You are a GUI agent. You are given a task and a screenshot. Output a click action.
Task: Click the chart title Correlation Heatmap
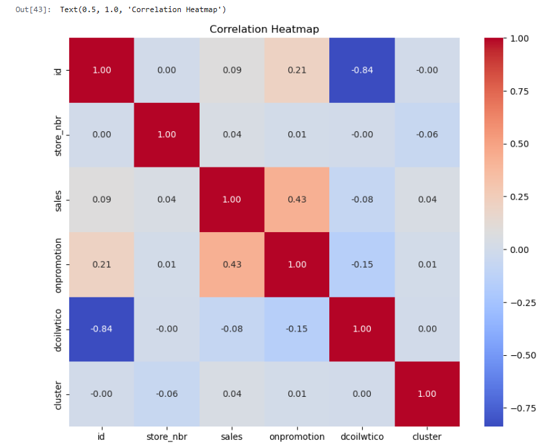[x=264, y=29]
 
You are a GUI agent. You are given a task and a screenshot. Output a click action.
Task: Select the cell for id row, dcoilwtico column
[x=362, y=70]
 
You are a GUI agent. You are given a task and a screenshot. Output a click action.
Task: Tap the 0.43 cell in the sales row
[x=297, y=199]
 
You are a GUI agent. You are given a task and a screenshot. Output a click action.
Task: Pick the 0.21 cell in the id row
[x=297, y=70]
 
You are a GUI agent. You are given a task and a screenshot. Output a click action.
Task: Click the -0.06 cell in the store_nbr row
[x=427, y=135]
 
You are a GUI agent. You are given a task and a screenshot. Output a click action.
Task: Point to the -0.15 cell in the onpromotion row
[x=362, y=264]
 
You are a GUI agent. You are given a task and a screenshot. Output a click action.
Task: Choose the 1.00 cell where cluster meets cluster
[x=427, y=394]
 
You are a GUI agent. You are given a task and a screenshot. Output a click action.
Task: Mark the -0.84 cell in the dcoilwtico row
[x=101, y=329]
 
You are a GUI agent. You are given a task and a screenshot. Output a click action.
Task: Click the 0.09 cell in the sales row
[x=101, y=199]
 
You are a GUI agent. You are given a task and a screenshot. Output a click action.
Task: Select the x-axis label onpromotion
[x=297, y=437]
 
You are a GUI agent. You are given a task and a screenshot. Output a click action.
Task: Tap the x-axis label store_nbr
[x=167, y=437]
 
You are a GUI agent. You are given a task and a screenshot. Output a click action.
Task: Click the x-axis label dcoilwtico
[x=362, y=437]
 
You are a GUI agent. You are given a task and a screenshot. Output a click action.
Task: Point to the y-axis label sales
[x=59, y=199]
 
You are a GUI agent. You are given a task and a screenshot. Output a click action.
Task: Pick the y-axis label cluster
[x=59, y=394]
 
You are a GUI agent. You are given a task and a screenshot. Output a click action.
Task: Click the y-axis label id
[x=59, y=70]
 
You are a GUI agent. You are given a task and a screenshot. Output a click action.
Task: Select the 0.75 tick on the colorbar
[x=519, y=91]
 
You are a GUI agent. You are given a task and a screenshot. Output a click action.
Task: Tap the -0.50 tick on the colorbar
[x=519, y=355]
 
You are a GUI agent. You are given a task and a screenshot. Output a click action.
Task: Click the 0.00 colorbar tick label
[x=519, y=250]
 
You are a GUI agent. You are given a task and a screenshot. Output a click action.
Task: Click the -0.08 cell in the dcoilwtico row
[x=232, y=329]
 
